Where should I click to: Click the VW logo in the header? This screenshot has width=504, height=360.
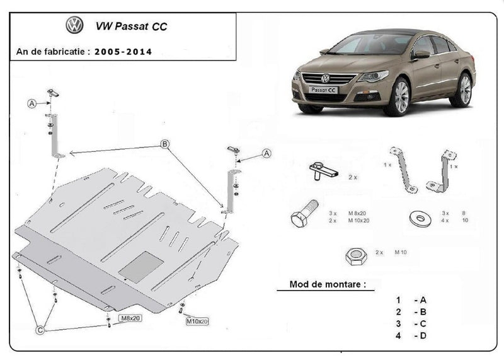[74, 26]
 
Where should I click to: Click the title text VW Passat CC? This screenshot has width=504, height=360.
[131, 26]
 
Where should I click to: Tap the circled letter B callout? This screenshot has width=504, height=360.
[165, 144]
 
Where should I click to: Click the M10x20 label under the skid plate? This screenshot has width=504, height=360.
[197, 322]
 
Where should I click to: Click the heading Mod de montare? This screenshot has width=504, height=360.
[327, 284]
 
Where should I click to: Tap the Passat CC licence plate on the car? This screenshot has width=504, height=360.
[323, 90]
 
